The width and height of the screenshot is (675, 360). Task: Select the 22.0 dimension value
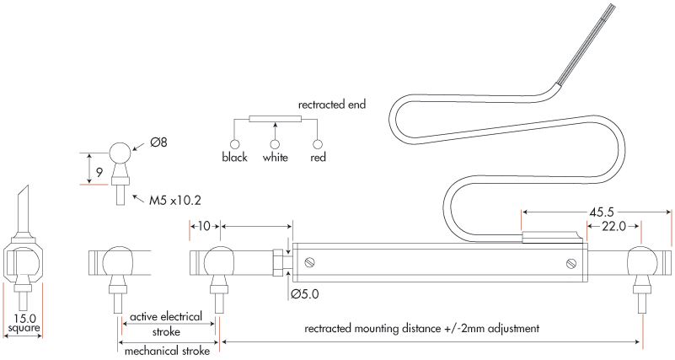[x=613, y=226]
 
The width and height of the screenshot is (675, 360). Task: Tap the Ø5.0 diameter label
[x=305, y=294]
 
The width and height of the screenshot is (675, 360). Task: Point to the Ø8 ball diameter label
[x=158, y=142]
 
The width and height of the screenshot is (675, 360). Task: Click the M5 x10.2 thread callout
[x=174, y=201]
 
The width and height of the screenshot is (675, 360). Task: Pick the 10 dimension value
[x=205, y=226]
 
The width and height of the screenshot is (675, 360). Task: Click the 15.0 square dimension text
[x=24, y=323]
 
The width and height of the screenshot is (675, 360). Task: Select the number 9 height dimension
[x=99, y=173]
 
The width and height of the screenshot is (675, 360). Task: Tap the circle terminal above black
[x=234, y=144]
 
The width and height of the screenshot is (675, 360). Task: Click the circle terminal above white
[x=275, y=144]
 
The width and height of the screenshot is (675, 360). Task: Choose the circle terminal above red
[x=318, y=144]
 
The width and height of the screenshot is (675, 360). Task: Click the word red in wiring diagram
[x=319, y=158]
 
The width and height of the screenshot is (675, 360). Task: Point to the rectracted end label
[x=332, y=105]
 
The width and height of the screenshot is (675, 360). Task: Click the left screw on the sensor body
[x=308, y=262]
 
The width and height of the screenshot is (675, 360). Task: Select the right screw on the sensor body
[x=571, y=263]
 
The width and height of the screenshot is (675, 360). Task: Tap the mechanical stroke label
[x=167, y=351]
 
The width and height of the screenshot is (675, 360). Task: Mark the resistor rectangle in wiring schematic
[x=275, y=119]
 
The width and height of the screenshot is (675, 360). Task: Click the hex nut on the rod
[x=279, y=263]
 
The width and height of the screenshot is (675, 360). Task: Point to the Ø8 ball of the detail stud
[x=121, y=152]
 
